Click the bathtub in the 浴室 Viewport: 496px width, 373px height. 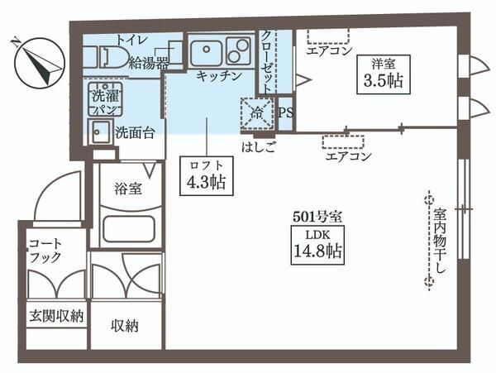click(x=130, y=228)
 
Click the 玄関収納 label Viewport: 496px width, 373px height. click(x=56, y=317)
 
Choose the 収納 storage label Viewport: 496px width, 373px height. click(x=126, y=325)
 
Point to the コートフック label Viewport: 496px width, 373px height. click(x=45, y=251)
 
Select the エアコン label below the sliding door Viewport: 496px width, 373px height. click(x=347, y=155)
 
